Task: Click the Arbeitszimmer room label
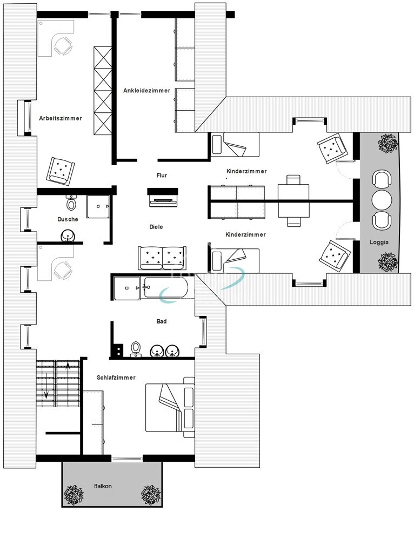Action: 61,118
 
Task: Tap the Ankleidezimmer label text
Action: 146,91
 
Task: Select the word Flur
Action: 162,176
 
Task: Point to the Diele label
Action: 156,227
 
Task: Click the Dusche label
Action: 68,219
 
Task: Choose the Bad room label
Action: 162,321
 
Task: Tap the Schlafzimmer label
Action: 116,378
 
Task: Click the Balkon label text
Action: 103,486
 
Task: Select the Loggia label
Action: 379,242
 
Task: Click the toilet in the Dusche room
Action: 71,203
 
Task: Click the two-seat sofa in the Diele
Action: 162,258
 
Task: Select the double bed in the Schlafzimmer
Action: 170,407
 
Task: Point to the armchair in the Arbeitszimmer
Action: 61,171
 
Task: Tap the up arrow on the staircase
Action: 68,365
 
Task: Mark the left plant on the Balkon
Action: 73,495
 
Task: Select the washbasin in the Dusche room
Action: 68,236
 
